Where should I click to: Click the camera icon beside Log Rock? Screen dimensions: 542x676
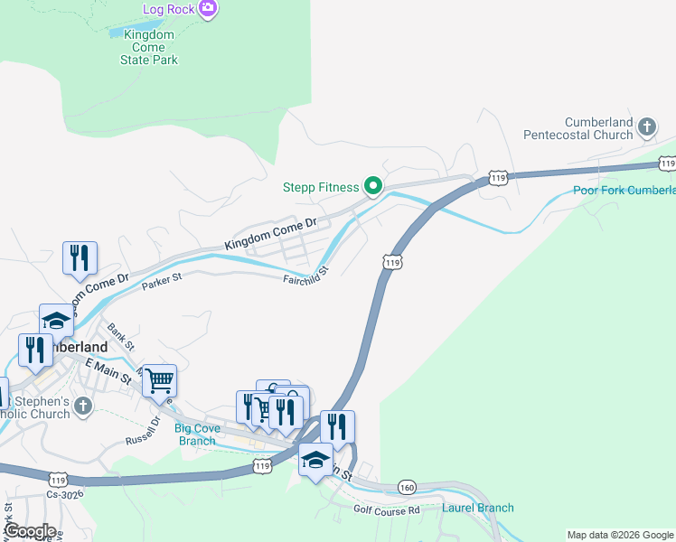pyautogui.click(x=209, y=9)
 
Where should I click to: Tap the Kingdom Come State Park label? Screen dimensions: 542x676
pyautogui.click(x=149, y=47)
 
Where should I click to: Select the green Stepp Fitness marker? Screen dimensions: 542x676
pyautogui.click(x=373, y=187)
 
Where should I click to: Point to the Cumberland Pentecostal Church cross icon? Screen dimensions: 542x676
pyautogui.click(x=647, y=126)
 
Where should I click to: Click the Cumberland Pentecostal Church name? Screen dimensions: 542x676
pyautogui.click(x=587, y=128)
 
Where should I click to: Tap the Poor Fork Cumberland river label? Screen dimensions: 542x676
pyautogui.click(x=624, y=191)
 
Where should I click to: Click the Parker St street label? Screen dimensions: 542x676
pyautogui.click(x=162, y=282)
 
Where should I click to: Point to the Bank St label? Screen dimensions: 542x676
pyautogui.click(x=120, y=338)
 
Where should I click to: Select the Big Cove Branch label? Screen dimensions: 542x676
pyautogui.click(x=194, y=435)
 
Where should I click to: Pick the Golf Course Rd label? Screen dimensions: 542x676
pyautogui.click(x=388, y=510)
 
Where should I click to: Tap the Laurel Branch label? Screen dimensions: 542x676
pyautogui.click(x=477, y=508)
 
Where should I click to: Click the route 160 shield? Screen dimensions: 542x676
pyautogui.click(x=407, y=488)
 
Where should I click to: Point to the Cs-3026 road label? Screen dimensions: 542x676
pyautogui.click(x=64, y=495)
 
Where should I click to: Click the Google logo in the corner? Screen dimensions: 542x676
pyautogui.click(x=30, y=531)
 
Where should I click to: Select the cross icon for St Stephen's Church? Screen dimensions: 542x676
pyautogui.click(x=82, y=406)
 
